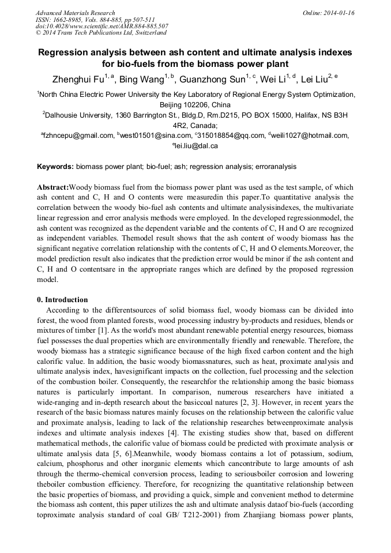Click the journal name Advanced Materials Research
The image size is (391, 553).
coord(75,13)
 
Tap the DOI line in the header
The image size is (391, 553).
coord(101,27)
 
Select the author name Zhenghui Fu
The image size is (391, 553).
coord(78,80)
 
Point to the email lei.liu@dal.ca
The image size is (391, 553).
coord(196,146)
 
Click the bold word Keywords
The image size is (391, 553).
coord(55,167)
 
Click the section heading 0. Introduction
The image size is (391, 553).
coord(62,300)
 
